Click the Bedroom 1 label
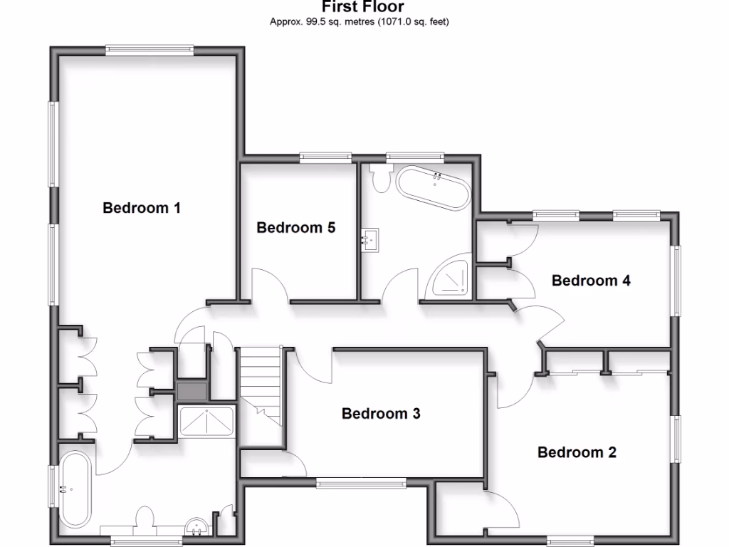click(x=142, y=208)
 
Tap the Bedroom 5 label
click(x=295, y=228)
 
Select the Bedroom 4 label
click(x=591, y=281)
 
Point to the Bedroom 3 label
click(x=381, y=413)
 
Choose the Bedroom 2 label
click(x=577, y=452)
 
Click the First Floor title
click(x=363, y=7)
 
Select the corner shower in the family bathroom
click(x=450, y=280)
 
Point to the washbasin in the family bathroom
click(x=369, y=239)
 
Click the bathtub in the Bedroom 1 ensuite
click(x=74, y=489)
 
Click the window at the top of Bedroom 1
click(x=150, y=49)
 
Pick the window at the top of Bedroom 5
click(x=325, y=157)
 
